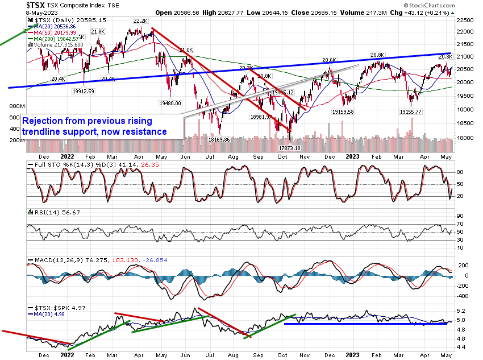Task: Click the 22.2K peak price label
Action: tap(140, 20)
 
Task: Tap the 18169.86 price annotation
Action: tap(218, 139)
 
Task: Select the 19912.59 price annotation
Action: tap(83, 90)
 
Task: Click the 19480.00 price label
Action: tap(169, 104)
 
